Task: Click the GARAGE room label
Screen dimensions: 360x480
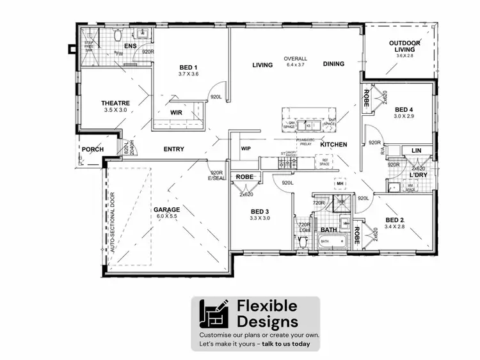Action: coord(166,209)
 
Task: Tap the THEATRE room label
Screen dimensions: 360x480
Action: coord(116,103)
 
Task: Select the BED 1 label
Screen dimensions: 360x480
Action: coord(188,67)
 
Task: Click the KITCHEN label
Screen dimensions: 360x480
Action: coord(333,145)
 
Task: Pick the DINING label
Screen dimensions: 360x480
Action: coord(333,64)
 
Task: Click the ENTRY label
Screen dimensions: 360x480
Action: coord(173,149)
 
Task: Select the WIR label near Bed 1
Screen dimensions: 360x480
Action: coord(177,113)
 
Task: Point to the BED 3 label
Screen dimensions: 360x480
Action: coord(259,211)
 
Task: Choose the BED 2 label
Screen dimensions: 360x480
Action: coord(395,219)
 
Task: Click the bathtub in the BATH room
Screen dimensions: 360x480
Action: coord(332,242)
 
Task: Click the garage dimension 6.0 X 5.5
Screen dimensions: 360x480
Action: coord(166,217)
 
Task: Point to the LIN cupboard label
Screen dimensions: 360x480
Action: coord(417,151)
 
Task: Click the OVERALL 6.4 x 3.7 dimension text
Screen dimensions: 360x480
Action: coord(295,61)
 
